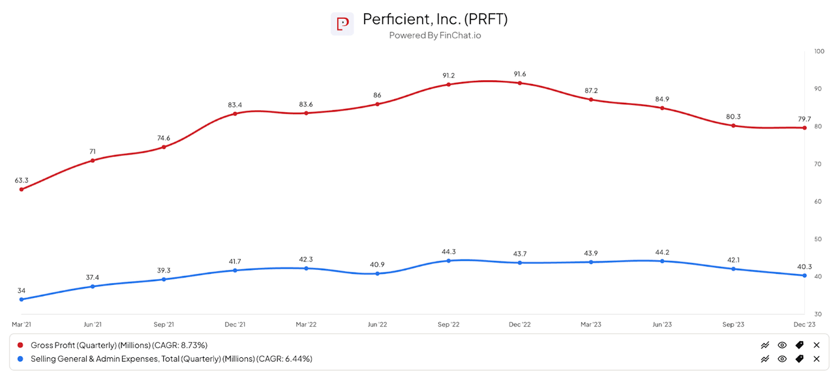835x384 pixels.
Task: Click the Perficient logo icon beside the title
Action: point(342,24)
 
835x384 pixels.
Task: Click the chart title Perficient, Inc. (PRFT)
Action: point(435,20)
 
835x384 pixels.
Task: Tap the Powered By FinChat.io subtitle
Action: point(435,36)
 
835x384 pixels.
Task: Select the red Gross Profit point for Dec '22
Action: point(520,83)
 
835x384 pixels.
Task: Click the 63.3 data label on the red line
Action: point(22,180)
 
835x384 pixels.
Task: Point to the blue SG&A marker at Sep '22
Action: point(448,261)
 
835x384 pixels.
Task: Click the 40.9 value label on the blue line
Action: point(377,264)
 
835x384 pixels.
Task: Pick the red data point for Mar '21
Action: point(22,190)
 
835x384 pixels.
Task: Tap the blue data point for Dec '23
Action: point(804,275)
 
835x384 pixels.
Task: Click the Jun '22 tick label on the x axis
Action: point(377,324)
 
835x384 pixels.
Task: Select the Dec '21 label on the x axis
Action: point(235,324)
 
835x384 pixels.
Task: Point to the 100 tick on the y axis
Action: point(819,51)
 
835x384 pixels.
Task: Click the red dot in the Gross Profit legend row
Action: point(21,345)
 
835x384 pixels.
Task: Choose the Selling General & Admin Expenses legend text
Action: point(172,359)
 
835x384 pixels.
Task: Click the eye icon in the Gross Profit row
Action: point(782,345)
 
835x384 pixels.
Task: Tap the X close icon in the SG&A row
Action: point(816,359)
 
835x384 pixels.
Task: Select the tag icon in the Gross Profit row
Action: point(799,345)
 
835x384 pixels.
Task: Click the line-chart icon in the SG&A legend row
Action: point(765,359)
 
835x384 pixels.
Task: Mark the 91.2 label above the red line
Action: point(448,75)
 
